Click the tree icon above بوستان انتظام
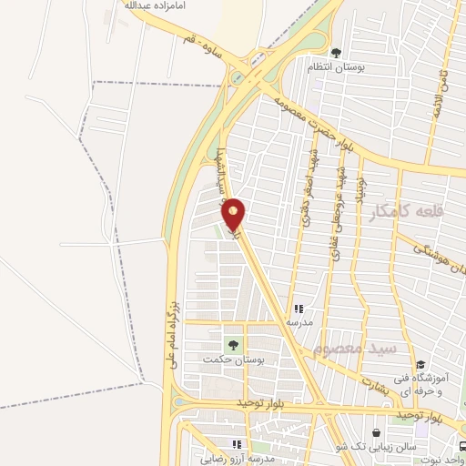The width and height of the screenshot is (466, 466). point(336,52)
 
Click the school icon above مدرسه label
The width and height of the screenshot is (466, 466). point(299,309)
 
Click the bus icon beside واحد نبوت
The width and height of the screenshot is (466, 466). point(461,446)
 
